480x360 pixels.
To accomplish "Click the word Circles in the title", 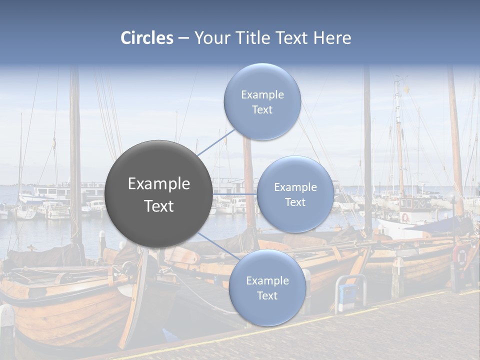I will coord(147,38).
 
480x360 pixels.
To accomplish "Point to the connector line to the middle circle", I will coord(235,193).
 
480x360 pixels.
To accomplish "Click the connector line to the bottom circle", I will coord(218,246).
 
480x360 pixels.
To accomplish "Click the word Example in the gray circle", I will coord(159,184).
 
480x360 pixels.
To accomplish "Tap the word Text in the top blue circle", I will coord(262,110).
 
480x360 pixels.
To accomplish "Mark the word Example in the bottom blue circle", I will coord(267,281).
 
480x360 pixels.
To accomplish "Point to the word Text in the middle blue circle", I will coord(295,202).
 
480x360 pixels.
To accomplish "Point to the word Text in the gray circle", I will coord(159,206).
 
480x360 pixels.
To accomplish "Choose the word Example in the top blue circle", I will coord(262,95).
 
